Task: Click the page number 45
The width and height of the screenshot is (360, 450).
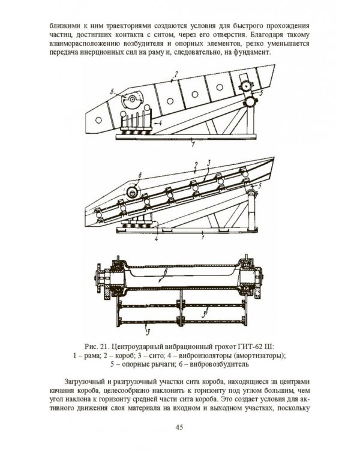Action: pos(179,427)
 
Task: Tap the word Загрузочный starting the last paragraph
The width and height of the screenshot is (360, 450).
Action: pos(82,382)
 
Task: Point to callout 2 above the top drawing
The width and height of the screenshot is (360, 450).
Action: pos(175,75)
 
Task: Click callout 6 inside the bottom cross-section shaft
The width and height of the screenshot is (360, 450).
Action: pos(166,271)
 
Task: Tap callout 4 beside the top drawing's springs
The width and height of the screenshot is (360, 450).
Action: pos(160,122)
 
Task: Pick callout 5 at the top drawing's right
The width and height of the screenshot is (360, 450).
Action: pos(261,92)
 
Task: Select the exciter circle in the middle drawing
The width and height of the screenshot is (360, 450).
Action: pos(133,191)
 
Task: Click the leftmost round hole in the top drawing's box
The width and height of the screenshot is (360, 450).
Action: pos(98,120)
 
